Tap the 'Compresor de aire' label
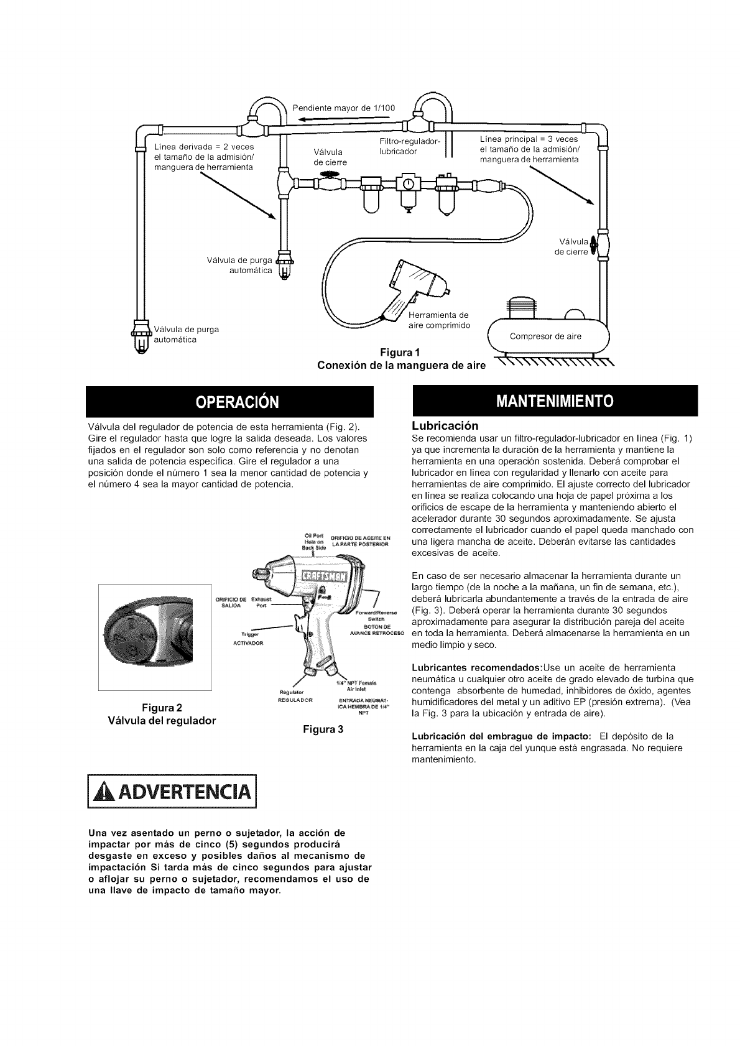(545, 336)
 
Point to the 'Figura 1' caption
(400, 354)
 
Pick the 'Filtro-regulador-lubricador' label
(409, 146)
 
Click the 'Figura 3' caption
(323, 728)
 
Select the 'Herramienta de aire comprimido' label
(438, 320)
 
